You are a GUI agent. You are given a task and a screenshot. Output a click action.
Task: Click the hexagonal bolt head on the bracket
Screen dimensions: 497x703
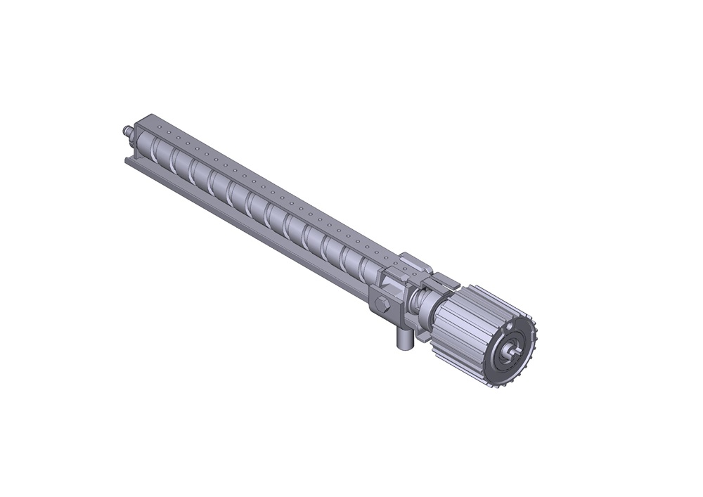(x=383, y=306)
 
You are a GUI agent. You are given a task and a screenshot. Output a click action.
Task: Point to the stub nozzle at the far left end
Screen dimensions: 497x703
(x=127, y=131)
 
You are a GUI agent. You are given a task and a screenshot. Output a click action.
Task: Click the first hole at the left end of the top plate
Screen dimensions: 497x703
(x=159, y=127)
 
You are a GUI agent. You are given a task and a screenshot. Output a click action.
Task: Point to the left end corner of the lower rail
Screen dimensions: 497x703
(x=127, y=161)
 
